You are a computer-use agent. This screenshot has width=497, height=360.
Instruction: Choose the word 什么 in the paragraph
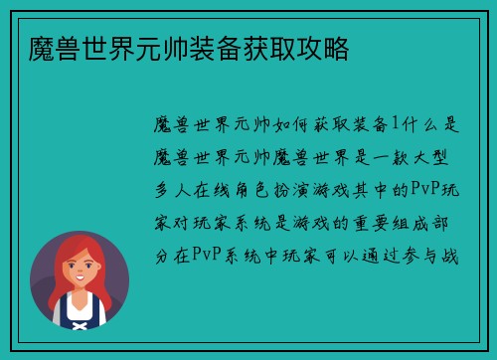[421, 123]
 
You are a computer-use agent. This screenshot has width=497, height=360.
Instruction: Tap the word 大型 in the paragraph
[443, 157]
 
